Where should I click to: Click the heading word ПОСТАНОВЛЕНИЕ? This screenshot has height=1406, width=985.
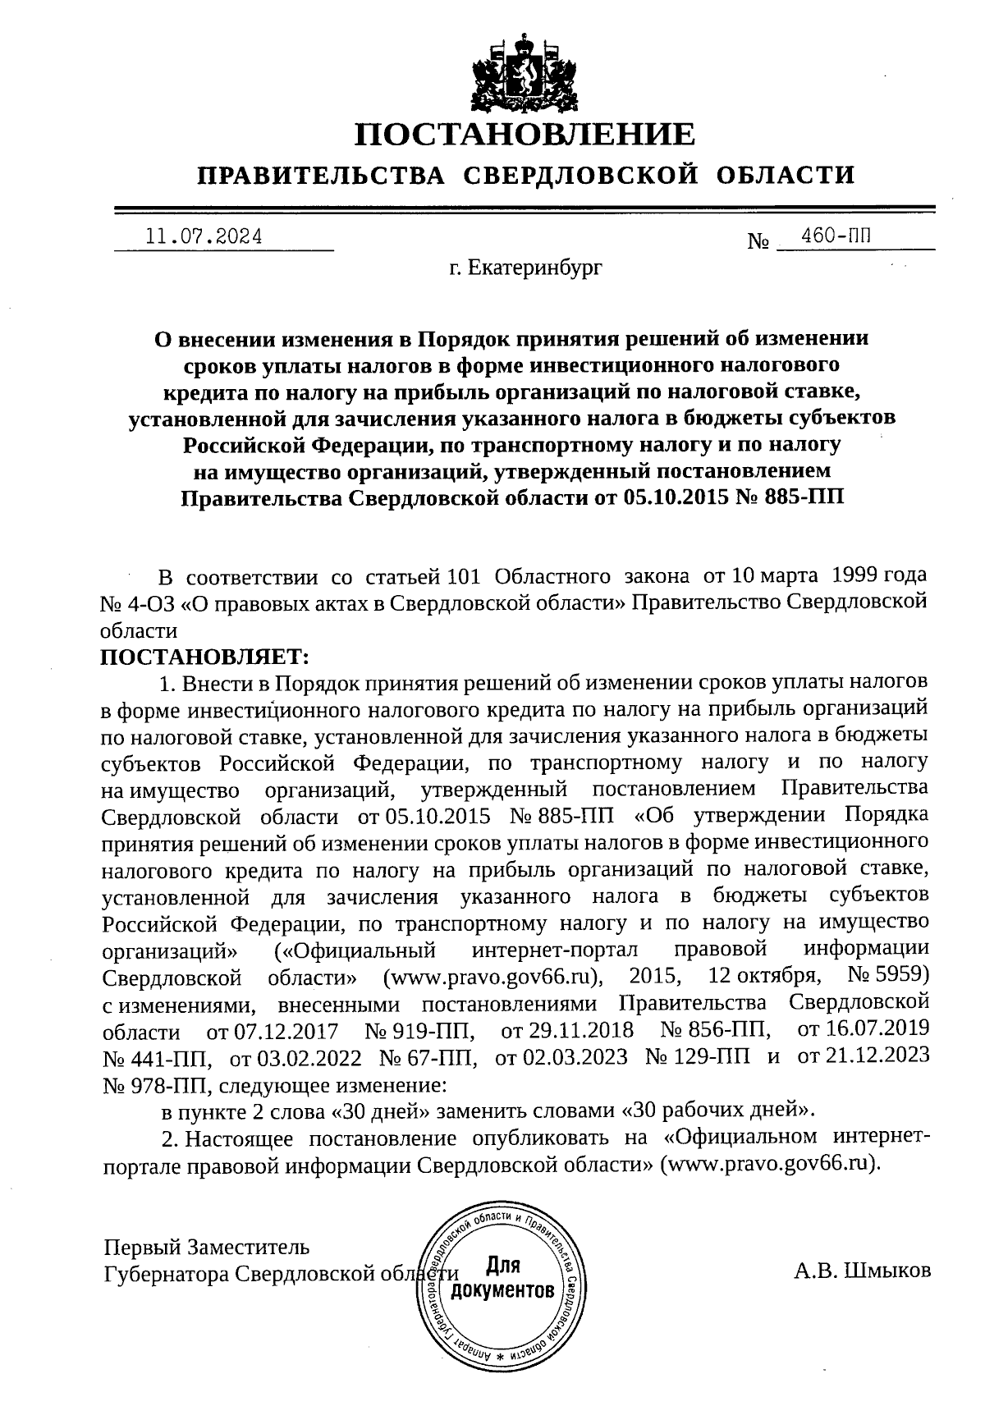(525, 134)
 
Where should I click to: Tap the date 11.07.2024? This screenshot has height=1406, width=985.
(204, 238)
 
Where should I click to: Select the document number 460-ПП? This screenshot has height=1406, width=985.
(836, 236)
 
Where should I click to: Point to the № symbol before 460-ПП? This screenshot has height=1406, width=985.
(758, 242)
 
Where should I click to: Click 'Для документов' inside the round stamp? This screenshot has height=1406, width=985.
(502, 1279)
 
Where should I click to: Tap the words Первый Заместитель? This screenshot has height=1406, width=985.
(207, 1248)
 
